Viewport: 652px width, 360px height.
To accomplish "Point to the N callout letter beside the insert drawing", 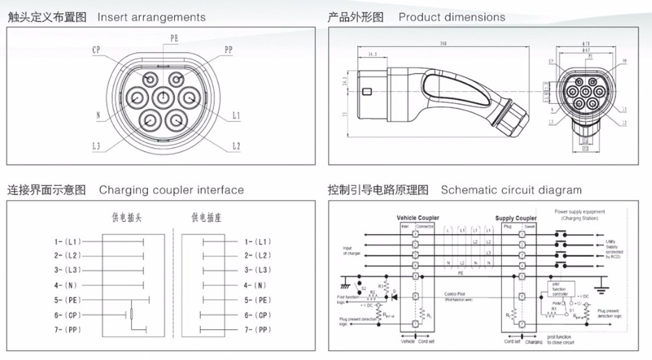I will pyautogui.click(x=98, y=116).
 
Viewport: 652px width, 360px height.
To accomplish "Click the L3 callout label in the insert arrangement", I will pyautogui.click(x=96, y=147).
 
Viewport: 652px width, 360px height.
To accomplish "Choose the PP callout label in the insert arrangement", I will pyautogui.click(x=228, y=50).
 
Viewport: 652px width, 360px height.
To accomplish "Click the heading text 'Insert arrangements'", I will pyautogui.click(x=151, y=18).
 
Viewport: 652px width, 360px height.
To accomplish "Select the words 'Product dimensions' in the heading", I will pyautogui.click(x=451, y=18).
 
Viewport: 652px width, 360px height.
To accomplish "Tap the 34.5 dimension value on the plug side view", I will pyautogui.click(x=374, y=54).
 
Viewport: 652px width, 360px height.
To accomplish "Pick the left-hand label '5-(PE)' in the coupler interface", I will pyautogui.click(x=67, y=300).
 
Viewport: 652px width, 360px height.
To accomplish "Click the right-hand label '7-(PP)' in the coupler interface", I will pyautogui.click(x=257, y=330).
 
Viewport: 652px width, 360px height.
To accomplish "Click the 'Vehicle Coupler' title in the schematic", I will pyautogui.click(x=417, y=218).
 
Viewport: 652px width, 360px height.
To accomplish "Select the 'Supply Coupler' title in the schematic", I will pyautogui.click(x=516, y=218).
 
